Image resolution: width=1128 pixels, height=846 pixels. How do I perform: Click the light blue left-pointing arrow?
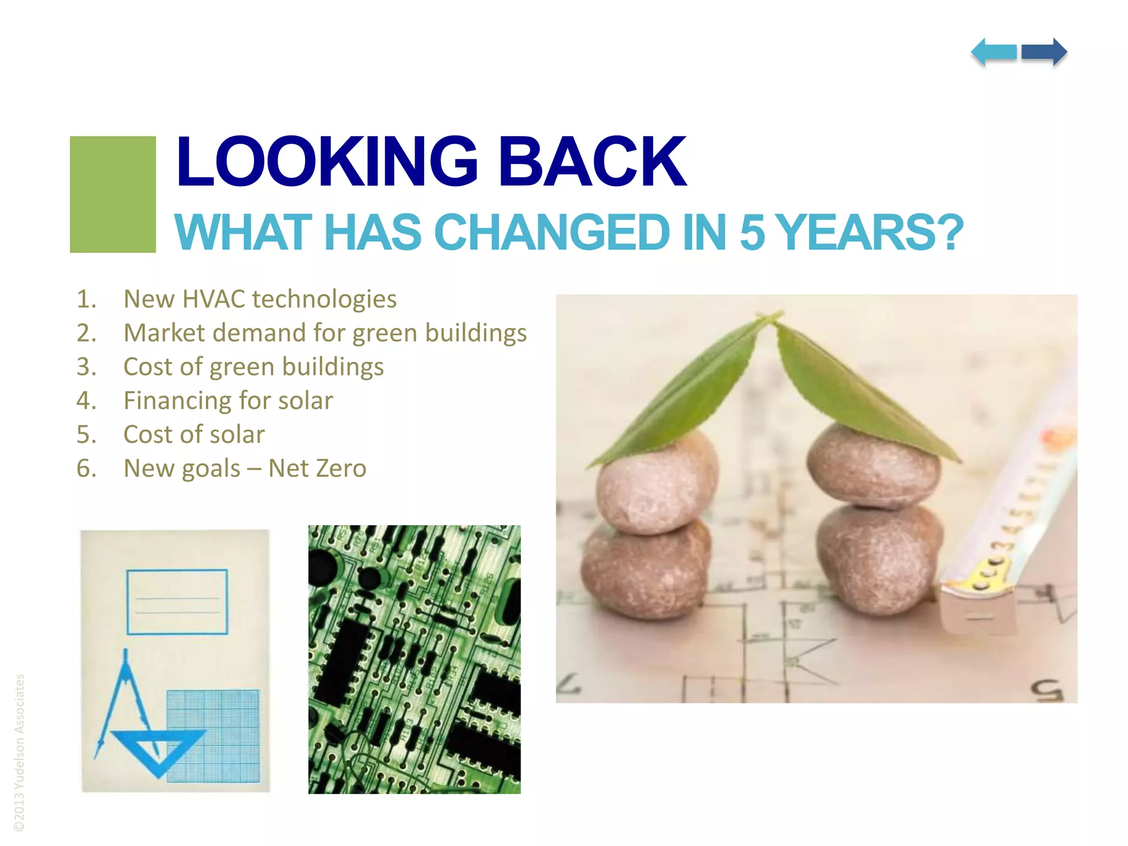tap(994, 52)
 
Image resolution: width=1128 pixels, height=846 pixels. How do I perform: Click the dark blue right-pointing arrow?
tap(1044, 52)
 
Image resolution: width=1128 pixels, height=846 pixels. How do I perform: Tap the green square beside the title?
tap(113, 194)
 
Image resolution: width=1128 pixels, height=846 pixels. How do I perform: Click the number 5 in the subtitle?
tap(752, 232)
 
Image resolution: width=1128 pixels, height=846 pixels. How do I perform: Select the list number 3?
tap(86, 367)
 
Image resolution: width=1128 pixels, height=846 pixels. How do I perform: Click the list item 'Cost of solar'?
tap(194, 435)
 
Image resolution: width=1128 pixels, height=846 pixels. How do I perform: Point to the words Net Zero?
tap(317, 468)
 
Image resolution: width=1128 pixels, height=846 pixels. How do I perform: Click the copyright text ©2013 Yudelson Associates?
tap(20, 752)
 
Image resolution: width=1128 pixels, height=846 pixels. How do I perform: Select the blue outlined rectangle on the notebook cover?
tap(177, 602)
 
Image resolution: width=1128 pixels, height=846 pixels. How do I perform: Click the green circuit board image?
tap(414, 659)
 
